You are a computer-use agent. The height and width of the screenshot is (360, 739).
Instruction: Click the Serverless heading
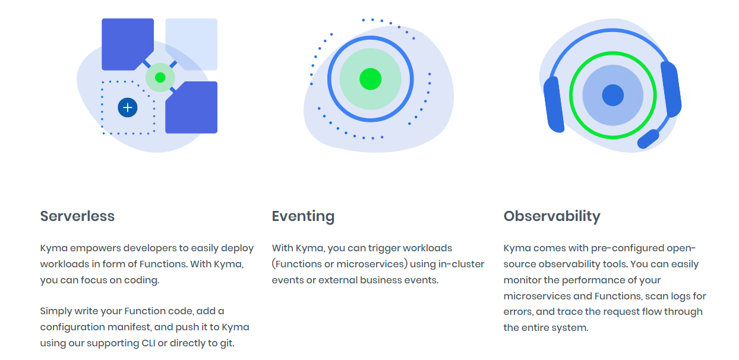77,216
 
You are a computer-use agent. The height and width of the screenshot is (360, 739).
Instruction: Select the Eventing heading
303,216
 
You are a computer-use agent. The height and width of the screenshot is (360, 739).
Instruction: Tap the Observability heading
552,216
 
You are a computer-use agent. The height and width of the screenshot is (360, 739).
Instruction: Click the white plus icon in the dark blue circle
128,108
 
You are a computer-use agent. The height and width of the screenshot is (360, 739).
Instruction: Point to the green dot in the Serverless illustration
160,77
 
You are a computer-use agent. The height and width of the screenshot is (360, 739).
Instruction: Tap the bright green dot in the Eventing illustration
370,79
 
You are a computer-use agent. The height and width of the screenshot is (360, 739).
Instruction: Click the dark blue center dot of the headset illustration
612,95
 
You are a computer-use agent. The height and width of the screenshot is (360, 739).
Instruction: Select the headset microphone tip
648,140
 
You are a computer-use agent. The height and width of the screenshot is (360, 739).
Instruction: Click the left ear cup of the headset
553,104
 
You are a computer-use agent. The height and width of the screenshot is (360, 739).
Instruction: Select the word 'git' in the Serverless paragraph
227,343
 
